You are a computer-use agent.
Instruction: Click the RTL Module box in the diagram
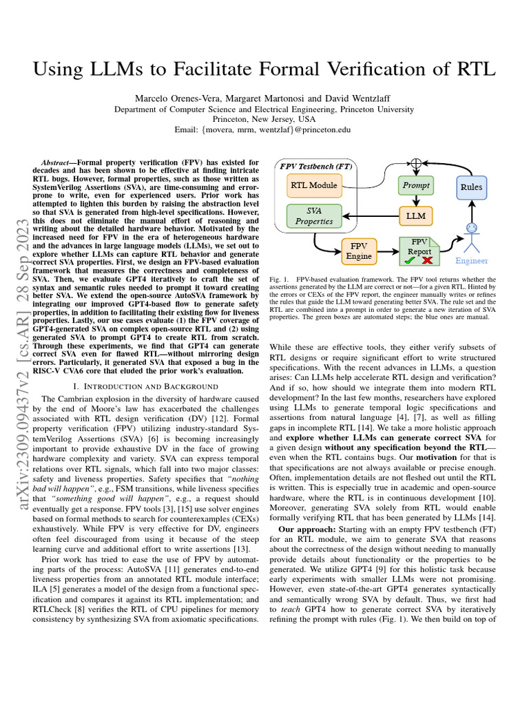click(313, 185)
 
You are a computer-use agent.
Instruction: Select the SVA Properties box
click(313, 216)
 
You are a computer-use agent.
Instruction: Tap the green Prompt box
click(416, 185)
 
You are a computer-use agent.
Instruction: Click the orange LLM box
click(416, 216)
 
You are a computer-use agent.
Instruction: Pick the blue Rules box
click(471, 187)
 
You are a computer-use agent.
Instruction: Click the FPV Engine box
click(359, 251)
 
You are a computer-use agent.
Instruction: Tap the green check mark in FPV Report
click(411, 260)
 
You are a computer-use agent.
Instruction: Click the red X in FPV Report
click(427, 260)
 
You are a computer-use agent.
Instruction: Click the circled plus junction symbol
click(416, 164)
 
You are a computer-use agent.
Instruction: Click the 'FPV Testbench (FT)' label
click(315, 166)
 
